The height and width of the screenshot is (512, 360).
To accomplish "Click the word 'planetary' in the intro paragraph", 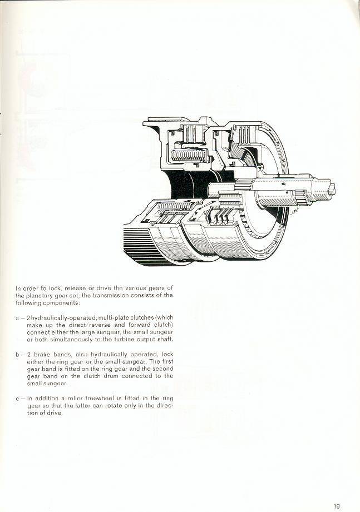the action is click(37, 296).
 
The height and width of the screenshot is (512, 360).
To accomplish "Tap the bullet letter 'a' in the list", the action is click(17, 318).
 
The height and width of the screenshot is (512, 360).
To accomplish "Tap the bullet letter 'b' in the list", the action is click(17, 354).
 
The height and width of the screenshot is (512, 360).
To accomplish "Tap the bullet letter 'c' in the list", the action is click(17, 399).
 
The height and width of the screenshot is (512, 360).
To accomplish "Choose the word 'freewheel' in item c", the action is click(97, 399).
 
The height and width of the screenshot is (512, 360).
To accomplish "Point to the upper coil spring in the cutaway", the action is click(188, 155).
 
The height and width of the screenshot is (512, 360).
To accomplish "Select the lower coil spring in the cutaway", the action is click(174, 206).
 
